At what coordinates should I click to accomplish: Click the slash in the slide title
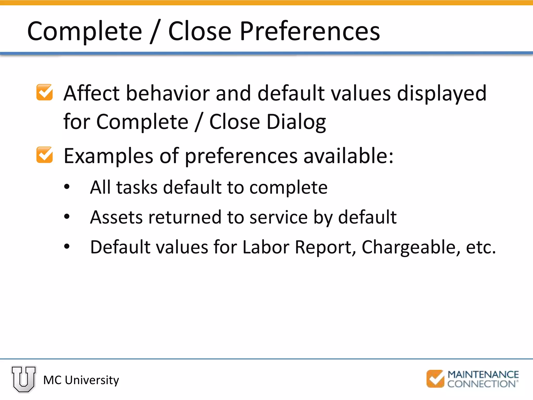click(155, 32)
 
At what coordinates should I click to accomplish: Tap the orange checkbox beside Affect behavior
click(45, 92)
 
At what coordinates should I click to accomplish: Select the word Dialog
click(296, 122)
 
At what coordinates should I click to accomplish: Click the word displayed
click(441, 93)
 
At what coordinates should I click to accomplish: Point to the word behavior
click(168, 93)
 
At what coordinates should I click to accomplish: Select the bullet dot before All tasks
click(67, 187)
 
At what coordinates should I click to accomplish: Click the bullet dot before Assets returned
click(67, 216)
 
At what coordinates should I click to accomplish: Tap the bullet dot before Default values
click(67, 246)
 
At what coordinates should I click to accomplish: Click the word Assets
click(116, 217)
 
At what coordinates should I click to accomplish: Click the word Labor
click(266, 247)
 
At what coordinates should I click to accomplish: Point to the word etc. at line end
click(480, 247)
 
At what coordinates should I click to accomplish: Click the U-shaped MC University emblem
click(24, 379)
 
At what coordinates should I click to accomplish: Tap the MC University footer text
click(81, 380)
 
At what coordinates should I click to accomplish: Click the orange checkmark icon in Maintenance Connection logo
click(435, 379)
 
